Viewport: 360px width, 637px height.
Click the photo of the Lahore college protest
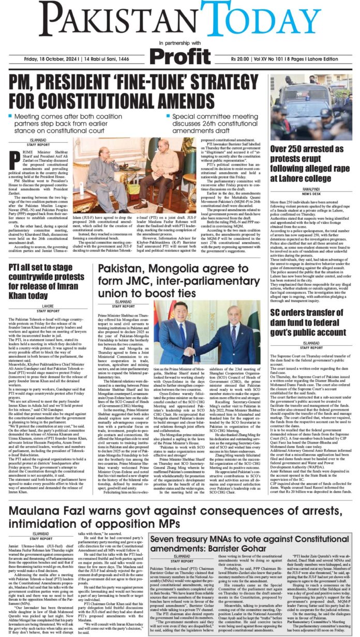point(310,107)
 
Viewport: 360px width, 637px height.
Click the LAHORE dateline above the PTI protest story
point(39,306)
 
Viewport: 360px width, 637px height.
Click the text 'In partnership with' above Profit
point(179,42)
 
